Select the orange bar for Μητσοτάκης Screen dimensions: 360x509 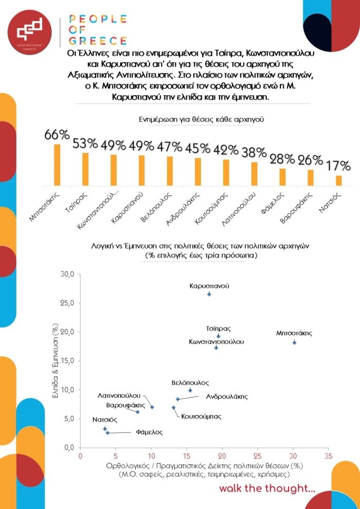click(x=57, y=165)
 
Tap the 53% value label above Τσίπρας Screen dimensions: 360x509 click(x=85, y=143)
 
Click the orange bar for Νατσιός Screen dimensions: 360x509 click(x=339, y=181)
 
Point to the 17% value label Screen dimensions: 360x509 click(x=339, y=166)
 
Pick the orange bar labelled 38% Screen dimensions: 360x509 click(x=255, y=174)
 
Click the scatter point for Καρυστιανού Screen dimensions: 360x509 click(x=209, y=294)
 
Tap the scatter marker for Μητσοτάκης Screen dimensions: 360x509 click(x=294, y=342)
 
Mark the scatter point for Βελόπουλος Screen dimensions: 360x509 click(x=190, y=390)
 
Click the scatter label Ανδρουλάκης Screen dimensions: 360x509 click(x=227, y=397)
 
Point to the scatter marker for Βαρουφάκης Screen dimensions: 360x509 click(x=138, y=412)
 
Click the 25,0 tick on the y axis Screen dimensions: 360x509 click(x=67, y=303)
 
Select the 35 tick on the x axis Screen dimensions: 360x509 click(x=329, y=457)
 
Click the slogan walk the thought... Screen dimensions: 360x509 click(x=267, y=488)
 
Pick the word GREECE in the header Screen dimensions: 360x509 click(x=98, y=41)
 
